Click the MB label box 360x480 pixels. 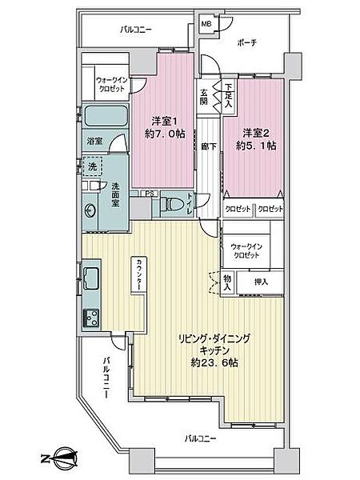(205, 24)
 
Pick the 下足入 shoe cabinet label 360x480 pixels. (229, 96)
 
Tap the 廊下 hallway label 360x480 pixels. (206, 148)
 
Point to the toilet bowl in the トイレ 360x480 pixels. (172, 205)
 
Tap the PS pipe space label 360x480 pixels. (150, 193)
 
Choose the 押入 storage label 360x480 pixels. (262, 282)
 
